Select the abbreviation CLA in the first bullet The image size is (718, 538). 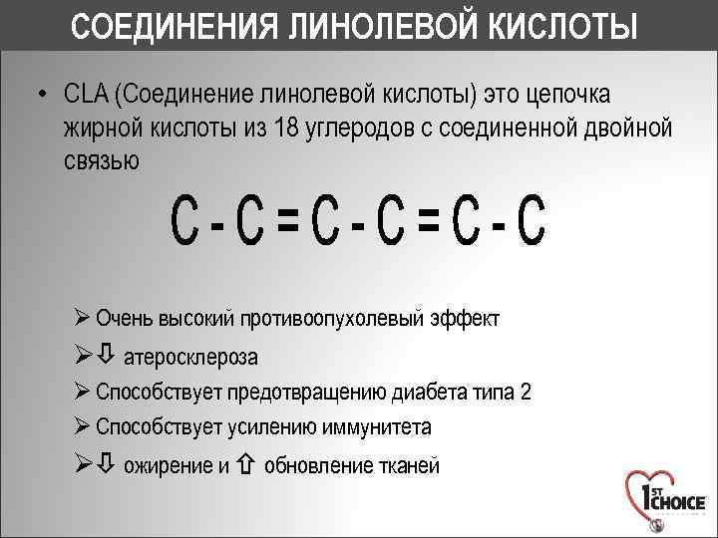87,95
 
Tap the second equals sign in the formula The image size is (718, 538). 430,222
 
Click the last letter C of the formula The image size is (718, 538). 533,222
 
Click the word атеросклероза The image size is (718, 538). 190,357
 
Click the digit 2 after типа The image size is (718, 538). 526,392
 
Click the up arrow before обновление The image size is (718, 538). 247,464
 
